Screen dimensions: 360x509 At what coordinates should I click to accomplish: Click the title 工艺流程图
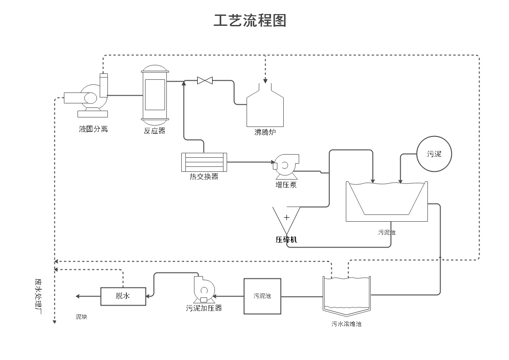tap(250, 20)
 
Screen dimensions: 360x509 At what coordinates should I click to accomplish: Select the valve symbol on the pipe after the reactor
tap(205, 81)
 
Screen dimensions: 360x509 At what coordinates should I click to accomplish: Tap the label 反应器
tap(155, 131)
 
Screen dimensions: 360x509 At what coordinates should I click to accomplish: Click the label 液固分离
tap(93, 129)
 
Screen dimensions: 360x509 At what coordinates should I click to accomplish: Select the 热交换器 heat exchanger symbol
tap(204, 162)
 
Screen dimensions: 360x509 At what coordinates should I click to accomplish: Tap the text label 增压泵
tap(286, 185)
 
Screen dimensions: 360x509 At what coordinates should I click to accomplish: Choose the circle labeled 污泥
tap(434, 154)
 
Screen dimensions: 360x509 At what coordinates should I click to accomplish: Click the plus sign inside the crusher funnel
tap(286, 217)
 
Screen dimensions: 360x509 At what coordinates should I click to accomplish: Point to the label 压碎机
tap(286, 239)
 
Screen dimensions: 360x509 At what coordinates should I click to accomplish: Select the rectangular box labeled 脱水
tap(123, 296)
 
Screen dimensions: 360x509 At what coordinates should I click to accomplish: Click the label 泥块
tap(82, 317)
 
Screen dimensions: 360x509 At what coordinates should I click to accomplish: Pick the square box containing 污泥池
tap(262, 296)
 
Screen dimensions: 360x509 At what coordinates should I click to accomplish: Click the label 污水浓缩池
tap(346, 324)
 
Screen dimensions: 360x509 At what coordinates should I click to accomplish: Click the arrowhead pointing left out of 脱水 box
tap(78, 296)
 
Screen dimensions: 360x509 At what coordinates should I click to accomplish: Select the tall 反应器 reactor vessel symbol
tap(155, 95)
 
